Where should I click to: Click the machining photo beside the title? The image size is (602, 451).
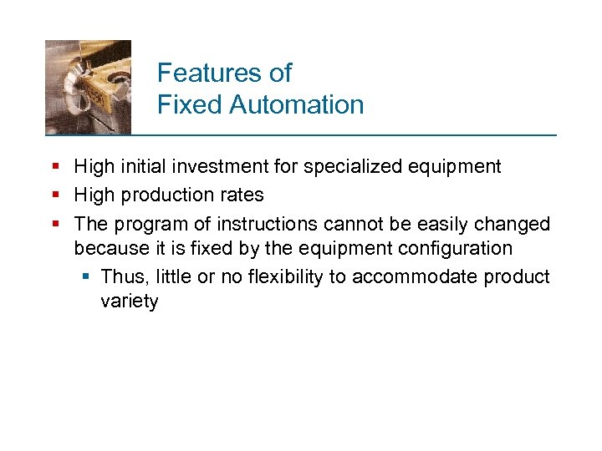88,87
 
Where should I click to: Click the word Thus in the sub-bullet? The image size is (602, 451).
121,277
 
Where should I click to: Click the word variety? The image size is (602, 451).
129,302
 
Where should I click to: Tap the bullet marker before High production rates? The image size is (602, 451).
55,195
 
